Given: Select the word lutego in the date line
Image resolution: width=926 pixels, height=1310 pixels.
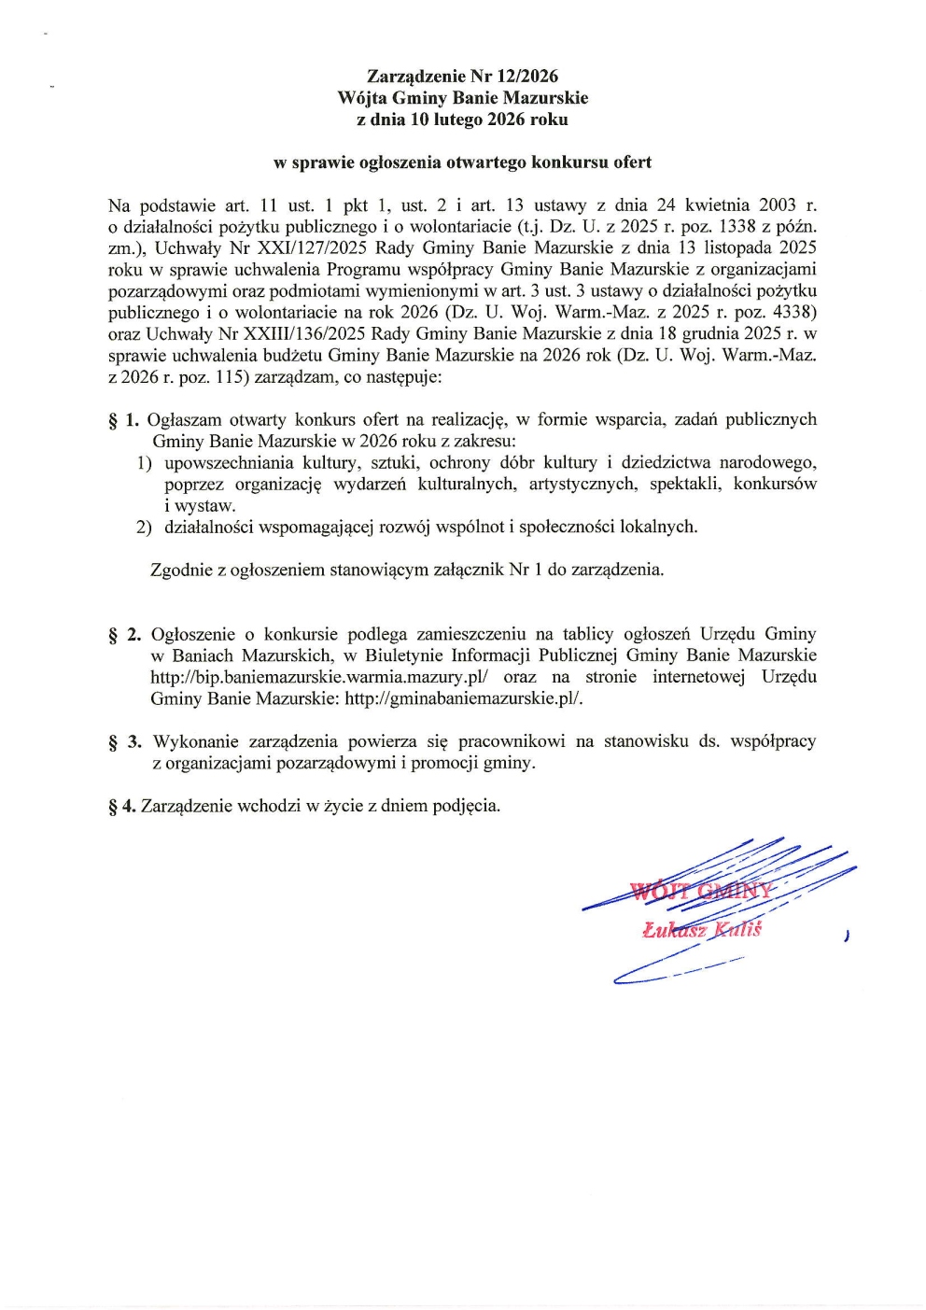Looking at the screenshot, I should click(452, 120).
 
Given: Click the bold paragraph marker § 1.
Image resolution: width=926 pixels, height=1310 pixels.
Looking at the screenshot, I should click(124, 420).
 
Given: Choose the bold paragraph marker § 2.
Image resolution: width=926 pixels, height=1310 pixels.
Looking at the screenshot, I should click(124, 635).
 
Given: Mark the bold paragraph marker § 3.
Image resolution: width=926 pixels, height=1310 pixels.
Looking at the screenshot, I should click(125, 742).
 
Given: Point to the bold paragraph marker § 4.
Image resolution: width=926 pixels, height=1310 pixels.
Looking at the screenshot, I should click(121, 806).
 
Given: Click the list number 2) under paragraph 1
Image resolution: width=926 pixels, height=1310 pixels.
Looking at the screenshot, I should click(144, 528).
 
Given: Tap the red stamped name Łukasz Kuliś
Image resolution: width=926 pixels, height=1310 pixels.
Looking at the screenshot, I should click(702, 929).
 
